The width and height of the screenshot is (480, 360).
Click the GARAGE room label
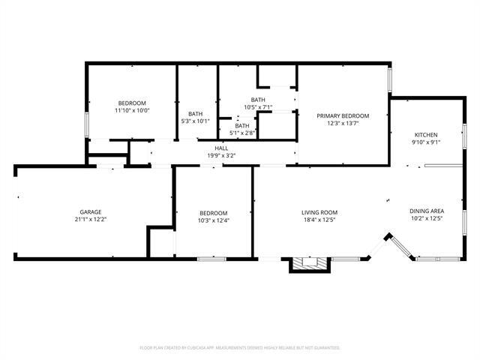(x=91, y=212)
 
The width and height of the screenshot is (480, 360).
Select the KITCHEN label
(x=425, y=134)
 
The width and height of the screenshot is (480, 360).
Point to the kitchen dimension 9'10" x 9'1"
(x=425, y=142)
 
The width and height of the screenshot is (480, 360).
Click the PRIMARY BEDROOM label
(x=343, y=115)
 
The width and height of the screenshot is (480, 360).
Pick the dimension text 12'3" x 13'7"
(x=343, y=123)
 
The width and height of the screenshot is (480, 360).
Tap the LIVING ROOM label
(x=319, y=212)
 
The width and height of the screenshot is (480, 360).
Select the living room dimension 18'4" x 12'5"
(x=319, y=220)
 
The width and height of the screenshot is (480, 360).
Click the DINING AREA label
(x=426, y=212)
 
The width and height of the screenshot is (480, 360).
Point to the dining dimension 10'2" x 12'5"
(x=426, y=220)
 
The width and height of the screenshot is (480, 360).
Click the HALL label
(x=221, y=148)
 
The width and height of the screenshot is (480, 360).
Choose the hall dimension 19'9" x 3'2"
(x=221, y=155)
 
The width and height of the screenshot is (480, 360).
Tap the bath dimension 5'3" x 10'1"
(x=196, y=121)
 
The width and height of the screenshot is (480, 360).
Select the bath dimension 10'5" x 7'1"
(x=258, y=107)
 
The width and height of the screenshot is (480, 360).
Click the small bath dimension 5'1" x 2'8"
(x=242, y=133)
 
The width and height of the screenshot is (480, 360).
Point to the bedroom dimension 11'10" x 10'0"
(x=132, y=110)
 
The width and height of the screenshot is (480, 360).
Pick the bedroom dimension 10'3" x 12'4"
(x=213, y=220)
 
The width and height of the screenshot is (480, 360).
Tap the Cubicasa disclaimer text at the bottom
(x=240, y=348)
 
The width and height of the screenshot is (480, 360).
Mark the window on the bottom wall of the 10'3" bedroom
(x=211, y=259)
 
